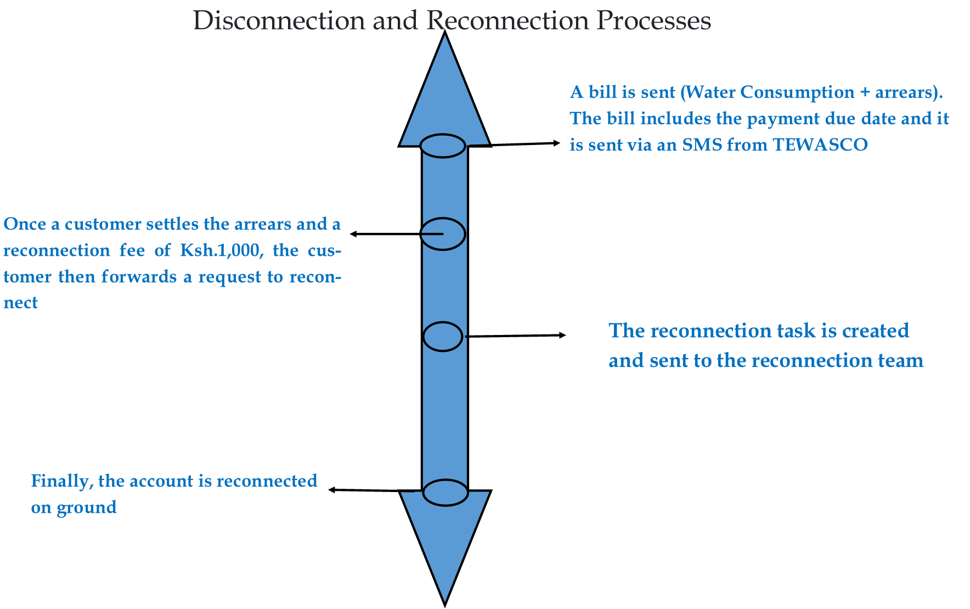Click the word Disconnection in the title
279,21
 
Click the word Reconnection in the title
507,21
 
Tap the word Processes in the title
653,21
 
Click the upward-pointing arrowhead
444,93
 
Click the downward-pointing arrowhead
445,544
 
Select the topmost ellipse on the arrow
443,146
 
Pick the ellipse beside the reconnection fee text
443,234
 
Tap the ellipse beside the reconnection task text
443,337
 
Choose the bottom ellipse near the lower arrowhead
445,493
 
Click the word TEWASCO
820,145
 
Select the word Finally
61,482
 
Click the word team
900,361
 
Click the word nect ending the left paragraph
21,303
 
